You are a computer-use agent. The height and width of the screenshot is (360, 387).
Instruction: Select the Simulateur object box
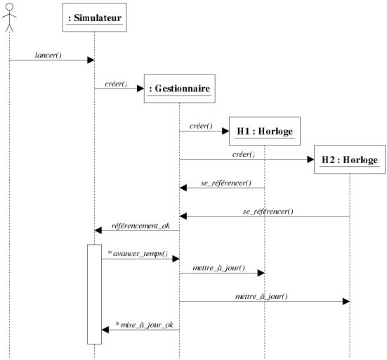pos(95,18)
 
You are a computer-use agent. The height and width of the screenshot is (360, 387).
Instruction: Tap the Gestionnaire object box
pos(180,88)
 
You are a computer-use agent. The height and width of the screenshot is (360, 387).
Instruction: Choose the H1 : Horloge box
pos(265,131)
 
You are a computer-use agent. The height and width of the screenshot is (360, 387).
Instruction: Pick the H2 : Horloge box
pos(350,160)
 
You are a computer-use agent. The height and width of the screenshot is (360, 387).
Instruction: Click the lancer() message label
pos(48,55)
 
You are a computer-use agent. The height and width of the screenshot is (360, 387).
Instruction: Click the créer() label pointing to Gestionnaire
pos(117,84)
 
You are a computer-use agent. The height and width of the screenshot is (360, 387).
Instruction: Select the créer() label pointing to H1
pos(201,126)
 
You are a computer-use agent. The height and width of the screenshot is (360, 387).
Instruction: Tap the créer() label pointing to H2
pos(244,155)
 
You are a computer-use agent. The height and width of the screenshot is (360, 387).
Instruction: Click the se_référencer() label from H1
pos(226,183)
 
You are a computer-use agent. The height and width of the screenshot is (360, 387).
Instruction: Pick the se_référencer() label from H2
pos(268,212)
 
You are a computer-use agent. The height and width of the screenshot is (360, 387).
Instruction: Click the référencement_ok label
pos(140,226)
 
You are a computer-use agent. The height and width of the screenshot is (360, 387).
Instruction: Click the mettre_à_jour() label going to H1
pos(218,268)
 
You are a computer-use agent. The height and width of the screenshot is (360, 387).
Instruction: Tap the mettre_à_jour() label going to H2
pos(261,297)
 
